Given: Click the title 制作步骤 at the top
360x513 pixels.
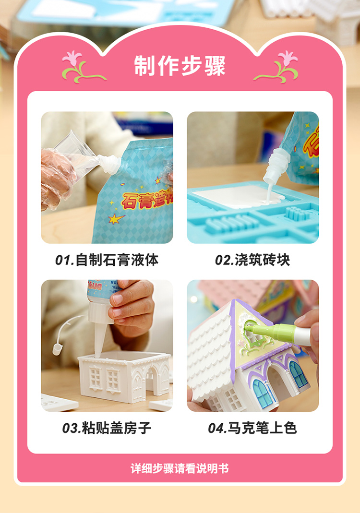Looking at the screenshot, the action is point(180,66).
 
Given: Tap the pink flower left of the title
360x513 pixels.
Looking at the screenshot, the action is point(72,58).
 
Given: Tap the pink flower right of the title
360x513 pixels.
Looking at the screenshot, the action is point(288,58).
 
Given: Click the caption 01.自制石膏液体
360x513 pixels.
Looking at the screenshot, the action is point(107,260).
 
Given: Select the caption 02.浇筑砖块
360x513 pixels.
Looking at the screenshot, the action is point(252,260).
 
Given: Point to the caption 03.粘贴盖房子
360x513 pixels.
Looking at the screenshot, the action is point(107,428).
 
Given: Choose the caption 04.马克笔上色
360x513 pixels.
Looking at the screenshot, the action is point(252,428).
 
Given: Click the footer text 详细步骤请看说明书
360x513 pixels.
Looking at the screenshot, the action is point(180,468).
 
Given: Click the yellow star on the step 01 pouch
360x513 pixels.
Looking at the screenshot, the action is point(116,218).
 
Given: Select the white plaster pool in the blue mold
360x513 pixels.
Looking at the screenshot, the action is point(239,197).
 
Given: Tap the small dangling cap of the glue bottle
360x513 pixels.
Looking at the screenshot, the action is point(58,349).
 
